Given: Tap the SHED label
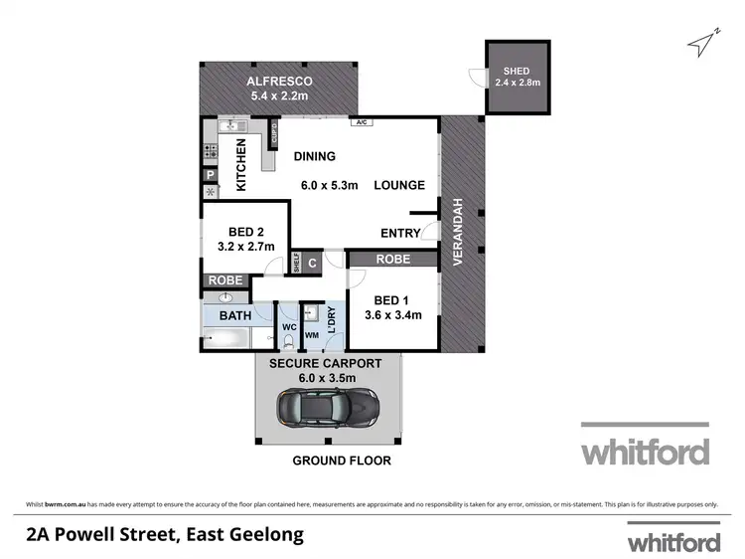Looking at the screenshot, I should click(x=517, y=71).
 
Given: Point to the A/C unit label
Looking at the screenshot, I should click(x=363, y=122).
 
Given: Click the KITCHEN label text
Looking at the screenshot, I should click(x=240, y=165).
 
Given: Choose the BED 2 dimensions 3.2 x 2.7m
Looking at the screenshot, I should click(x=245, y=247).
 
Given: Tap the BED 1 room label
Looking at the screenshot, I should click(x=390, y=300).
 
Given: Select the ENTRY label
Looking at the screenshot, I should click(x=400, y=234).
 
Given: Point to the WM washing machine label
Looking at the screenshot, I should click(x=311, y=336).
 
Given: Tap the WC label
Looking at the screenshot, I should click(x=289, y=325).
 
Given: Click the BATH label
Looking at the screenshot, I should click(x=235, y=316).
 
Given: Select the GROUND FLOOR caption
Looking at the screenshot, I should click(x=341, y=461).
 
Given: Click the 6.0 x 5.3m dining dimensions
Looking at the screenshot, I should click(x=332, y=185).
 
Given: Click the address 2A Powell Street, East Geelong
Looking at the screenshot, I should click(x=165, y=534).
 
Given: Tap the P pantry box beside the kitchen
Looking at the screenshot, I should click(x=211, y=175).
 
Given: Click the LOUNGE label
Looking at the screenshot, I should click(x=399, y=185).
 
